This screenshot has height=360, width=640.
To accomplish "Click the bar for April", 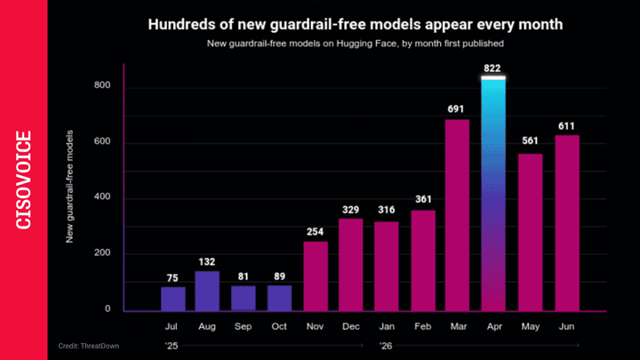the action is coord(493,194).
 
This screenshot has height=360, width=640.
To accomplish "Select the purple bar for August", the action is coord(207,292).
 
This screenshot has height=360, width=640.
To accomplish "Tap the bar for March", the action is coord(457,215).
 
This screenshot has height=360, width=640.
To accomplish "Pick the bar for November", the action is coord(316,276).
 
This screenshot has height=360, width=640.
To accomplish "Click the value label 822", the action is coord(492,68).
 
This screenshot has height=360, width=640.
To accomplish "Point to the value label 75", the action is coord(172,278).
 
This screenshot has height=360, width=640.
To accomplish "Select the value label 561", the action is coord(530,140).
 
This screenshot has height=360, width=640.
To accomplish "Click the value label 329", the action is coord(350,210).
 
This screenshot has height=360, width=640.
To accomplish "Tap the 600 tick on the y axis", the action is coord(102,141).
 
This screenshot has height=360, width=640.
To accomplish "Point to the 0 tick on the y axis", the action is coord(108,309).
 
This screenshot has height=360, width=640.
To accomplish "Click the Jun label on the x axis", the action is coord(566,326).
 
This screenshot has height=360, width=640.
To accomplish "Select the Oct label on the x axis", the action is coord(279,326).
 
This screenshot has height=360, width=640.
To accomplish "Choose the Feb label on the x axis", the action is coord(422,326).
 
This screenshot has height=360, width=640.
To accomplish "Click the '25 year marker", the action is coord(172,346).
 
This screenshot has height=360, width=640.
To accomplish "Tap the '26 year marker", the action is coord(386,346).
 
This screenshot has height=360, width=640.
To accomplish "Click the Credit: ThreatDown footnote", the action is coord(89,346).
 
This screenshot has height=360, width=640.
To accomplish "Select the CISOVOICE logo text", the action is coord(24,180).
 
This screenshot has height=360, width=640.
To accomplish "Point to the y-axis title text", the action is coord(69,187).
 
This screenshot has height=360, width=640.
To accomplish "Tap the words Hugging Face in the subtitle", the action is coord(366,44).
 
